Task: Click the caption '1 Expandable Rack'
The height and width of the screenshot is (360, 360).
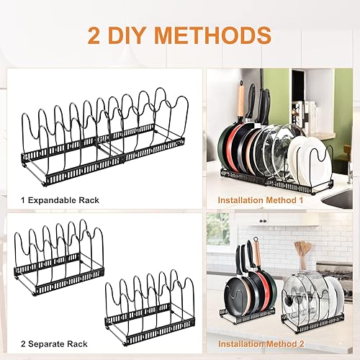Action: [x=60, y=200]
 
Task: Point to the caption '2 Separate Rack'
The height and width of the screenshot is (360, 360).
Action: [x=54, y=344]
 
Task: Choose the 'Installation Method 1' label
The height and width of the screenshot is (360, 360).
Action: [x=261, y=200]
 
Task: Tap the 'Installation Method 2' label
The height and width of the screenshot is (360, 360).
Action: [x=261, y=344]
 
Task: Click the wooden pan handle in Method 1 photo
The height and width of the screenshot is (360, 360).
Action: [x=241, y=101]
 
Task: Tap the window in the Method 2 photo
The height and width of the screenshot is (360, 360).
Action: [x=218, y=229]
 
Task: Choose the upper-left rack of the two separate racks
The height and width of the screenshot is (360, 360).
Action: [x=59, y=258]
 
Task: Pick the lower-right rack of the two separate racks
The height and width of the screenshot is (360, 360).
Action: [x=150, y=307]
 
